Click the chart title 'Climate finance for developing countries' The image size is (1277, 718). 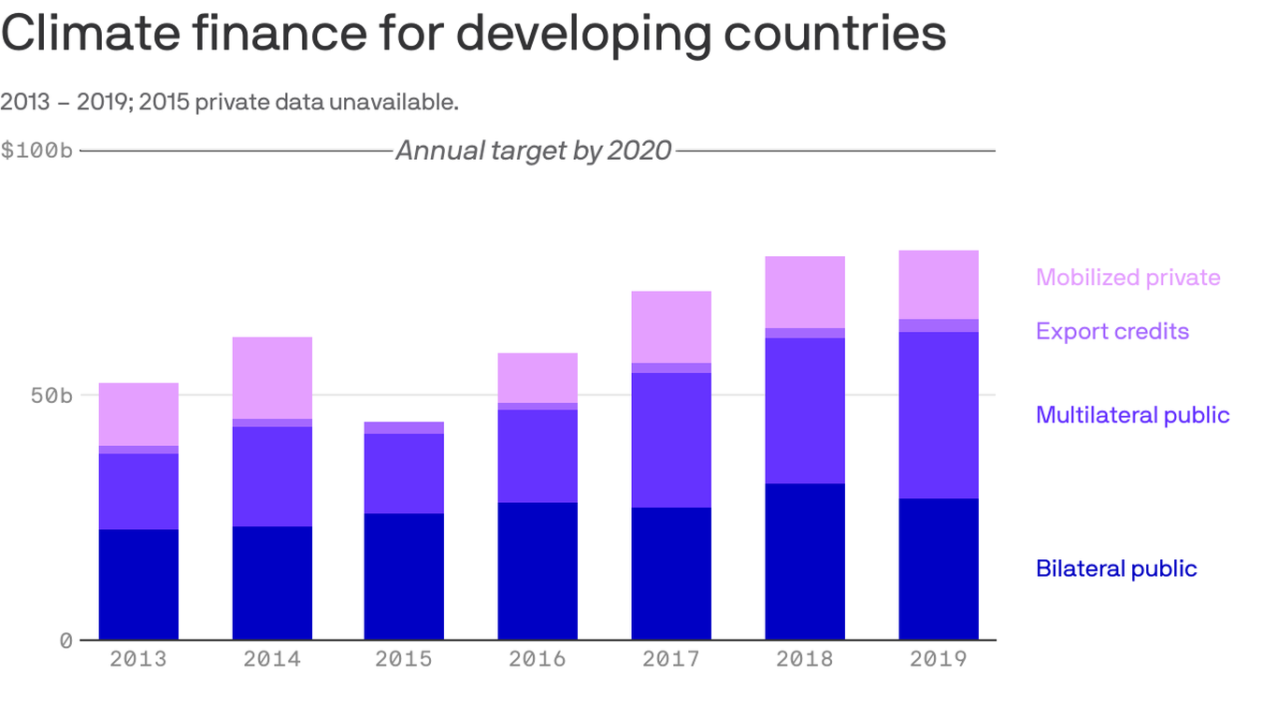click(473, 34)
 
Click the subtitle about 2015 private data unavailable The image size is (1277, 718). click(229, 102)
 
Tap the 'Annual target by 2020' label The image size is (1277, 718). click(533, 151)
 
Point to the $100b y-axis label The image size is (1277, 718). click(36, 151)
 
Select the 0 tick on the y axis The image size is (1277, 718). click(65, 641)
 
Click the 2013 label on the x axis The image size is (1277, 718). click(138, 659)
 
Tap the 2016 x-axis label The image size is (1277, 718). click(538, 659)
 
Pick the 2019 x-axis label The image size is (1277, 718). click(939, 659)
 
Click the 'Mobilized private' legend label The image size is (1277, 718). click(1127, 278)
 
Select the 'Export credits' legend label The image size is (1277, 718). click(1112, 331)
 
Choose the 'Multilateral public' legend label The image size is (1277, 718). click(1132, 415)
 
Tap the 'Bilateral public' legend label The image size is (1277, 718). click(1116, 568)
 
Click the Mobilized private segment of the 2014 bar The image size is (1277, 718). click(272, 378)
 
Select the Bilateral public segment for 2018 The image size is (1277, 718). click(805, 561)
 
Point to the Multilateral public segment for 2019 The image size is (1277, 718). click(939, 415)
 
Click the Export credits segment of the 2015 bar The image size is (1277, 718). click(404, 428)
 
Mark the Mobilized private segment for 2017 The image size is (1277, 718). click(671, 327)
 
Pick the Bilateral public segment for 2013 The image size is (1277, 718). click(138, 584)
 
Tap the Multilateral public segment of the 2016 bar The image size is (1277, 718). click(538, 456)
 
